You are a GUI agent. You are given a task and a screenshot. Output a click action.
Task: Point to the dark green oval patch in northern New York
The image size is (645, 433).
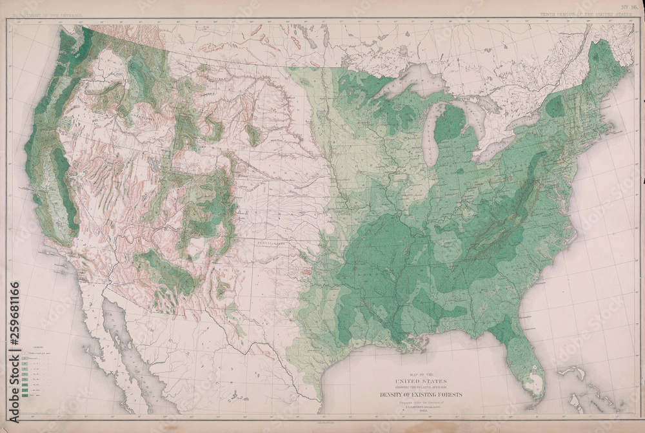click(555, 106)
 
